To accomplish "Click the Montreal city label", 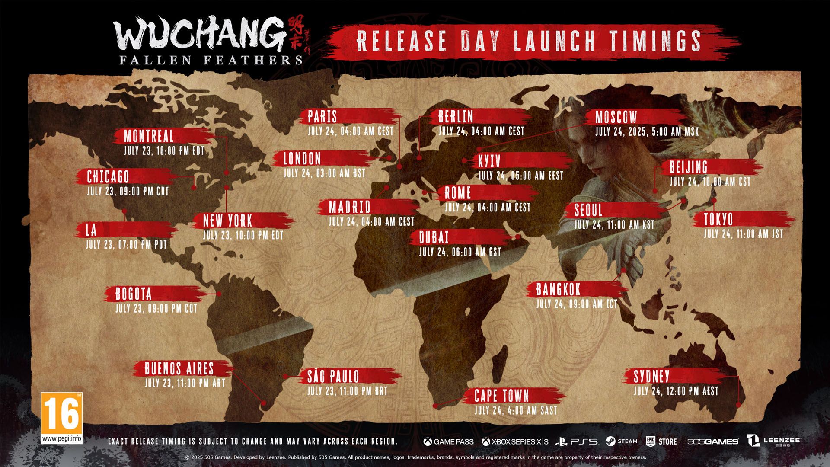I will tap(149, 137).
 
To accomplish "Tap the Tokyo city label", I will tap(718, 220).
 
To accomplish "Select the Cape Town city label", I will tap(501, 396).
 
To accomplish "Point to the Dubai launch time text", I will tap(460, 252).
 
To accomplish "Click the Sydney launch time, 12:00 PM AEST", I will tap(676, 391).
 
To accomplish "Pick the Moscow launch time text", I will tap(647, 132).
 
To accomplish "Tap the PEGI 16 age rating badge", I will tap(61, 418).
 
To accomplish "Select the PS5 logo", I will tap(577, 441).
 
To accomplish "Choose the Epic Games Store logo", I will tap(661, 441).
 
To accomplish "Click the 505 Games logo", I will tap(713, 441).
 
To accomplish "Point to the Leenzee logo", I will tap(775, 441).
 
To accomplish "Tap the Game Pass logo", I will tap(448, 441).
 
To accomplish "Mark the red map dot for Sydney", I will tap(738, 405).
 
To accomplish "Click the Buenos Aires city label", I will tap(179, 369).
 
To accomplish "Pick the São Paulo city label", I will tap(333, 376).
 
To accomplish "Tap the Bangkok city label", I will tap(559, 289).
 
